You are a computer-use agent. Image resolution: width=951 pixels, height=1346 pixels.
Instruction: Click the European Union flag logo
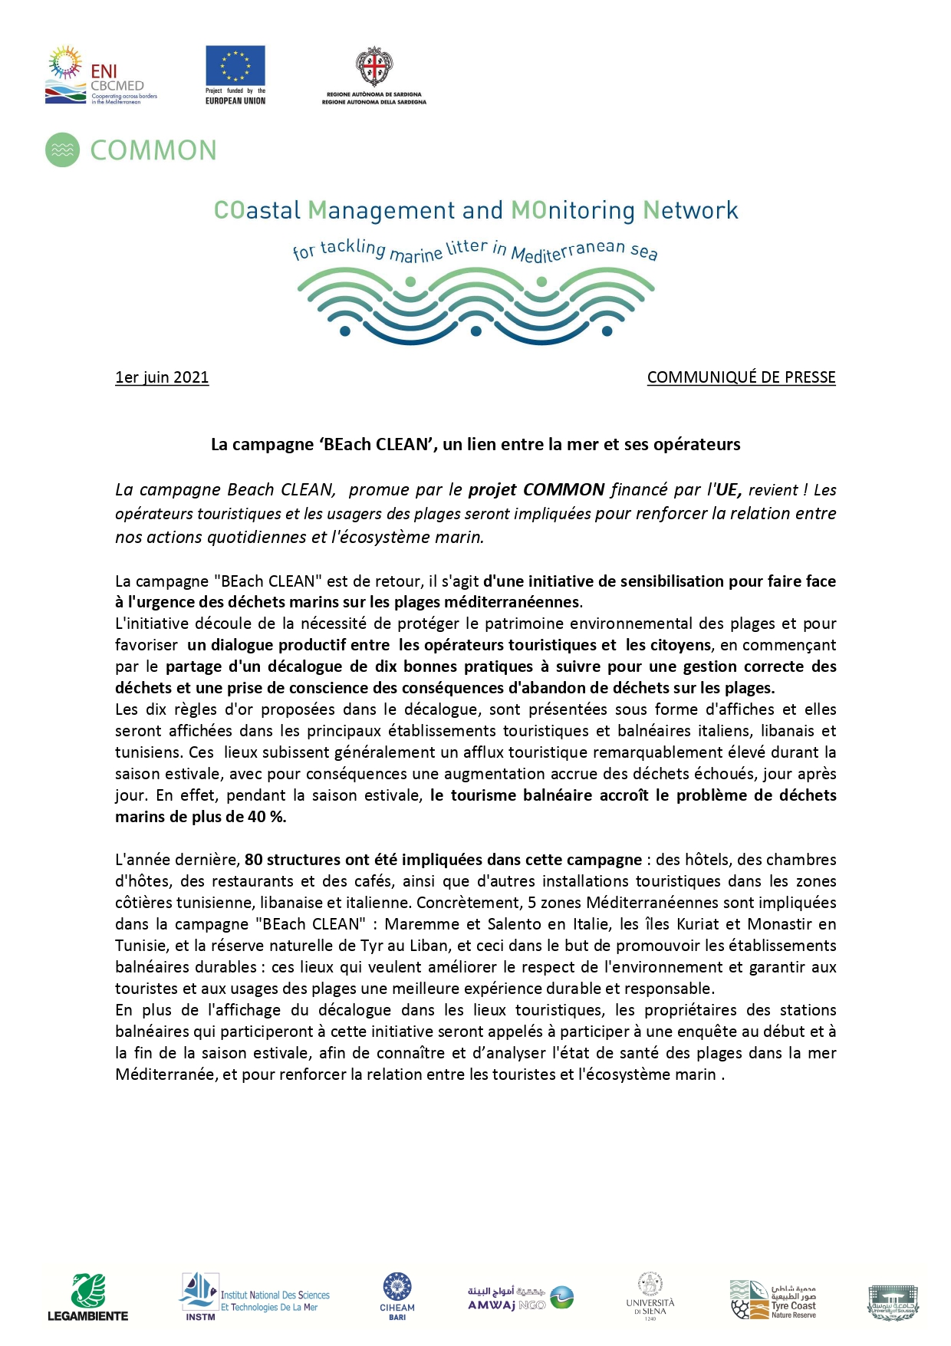tap(235, 67)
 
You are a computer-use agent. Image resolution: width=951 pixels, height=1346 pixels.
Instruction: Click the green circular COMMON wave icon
tap(63, 150)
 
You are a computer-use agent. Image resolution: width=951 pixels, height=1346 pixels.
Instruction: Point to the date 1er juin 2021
tap(162, 377)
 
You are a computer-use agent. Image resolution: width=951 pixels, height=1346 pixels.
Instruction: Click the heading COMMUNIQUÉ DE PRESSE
tap(741, 377)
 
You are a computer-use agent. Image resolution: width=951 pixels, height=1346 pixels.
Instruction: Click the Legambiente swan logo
tap(88, 1297)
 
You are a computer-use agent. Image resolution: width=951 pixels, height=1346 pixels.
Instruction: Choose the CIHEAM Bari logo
tap(397, 1297)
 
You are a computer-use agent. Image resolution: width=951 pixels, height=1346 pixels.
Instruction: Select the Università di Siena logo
tap(650, 1297)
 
